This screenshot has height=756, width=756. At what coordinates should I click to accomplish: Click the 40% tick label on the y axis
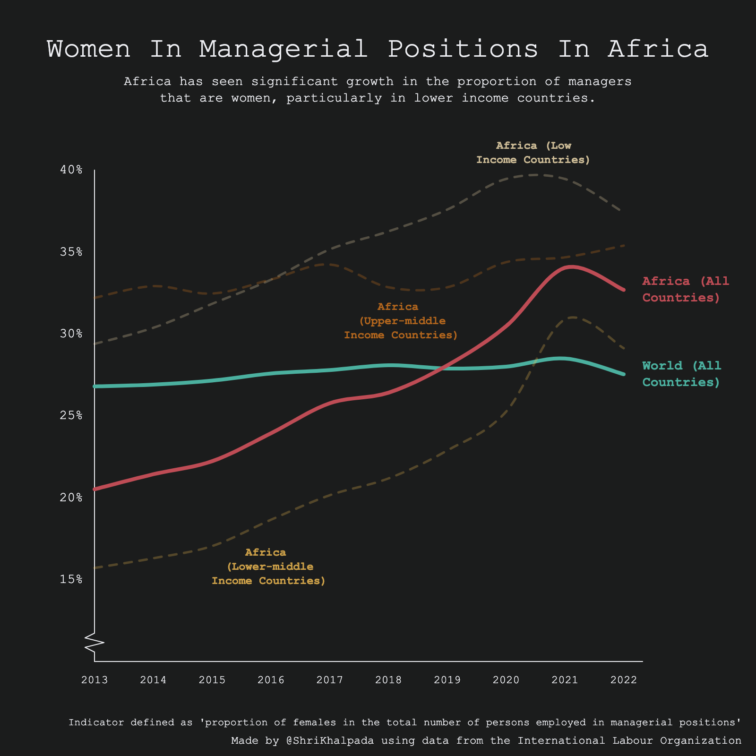[x=71, y=170]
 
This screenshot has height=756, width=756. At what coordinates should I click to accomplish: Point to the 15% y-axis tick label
[x=71, y=579]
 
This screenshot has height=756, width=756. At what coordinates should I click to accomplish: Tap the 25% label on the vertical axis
[x=71, y=415]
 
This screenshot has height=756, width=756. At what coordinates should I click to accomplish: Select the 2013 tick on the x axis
[x=94, y=680]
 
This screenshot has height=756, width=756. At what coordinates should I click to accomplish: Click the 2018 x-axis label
[x=388, y=680]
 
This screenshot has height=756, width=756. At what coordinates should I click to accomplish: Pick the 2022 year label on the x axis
[x=624, y=680]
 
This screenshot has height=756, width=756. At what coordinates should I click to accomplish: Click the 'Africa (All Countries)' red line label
[x=685, y=289]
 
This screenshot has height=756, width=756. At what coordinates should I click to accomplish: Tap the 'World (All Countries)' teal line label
[x=681, y=374]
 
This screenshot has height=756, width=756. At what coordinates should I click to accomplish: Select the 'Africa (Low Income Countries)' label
[x=533, y=153]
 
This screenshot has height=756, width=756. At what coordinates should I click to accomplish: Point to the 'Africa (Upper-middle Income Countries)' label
[x=401, y=321]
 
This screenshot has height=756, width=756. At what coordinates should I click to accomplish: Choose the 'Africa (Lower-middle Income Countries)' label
[x=268, y=566]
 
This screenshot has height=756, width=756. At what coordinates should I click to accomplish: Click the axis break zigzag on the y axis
[x=94, y=643]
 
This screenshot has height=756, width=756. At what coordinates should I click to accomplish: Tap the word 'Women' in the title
[x=88, y=49]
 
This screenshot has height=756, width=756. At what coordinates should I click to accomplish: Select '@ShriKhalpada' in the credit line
[x=330, y=740]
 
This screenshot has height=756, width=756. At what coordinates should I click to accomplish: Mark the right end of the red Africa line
[x=624, y=290]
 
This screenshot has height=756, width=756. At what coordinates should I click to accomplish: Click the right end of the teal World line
[x=624, y=374]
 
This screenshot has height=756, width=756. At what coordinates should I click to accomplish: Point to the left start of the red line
[x=95, y=489]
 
